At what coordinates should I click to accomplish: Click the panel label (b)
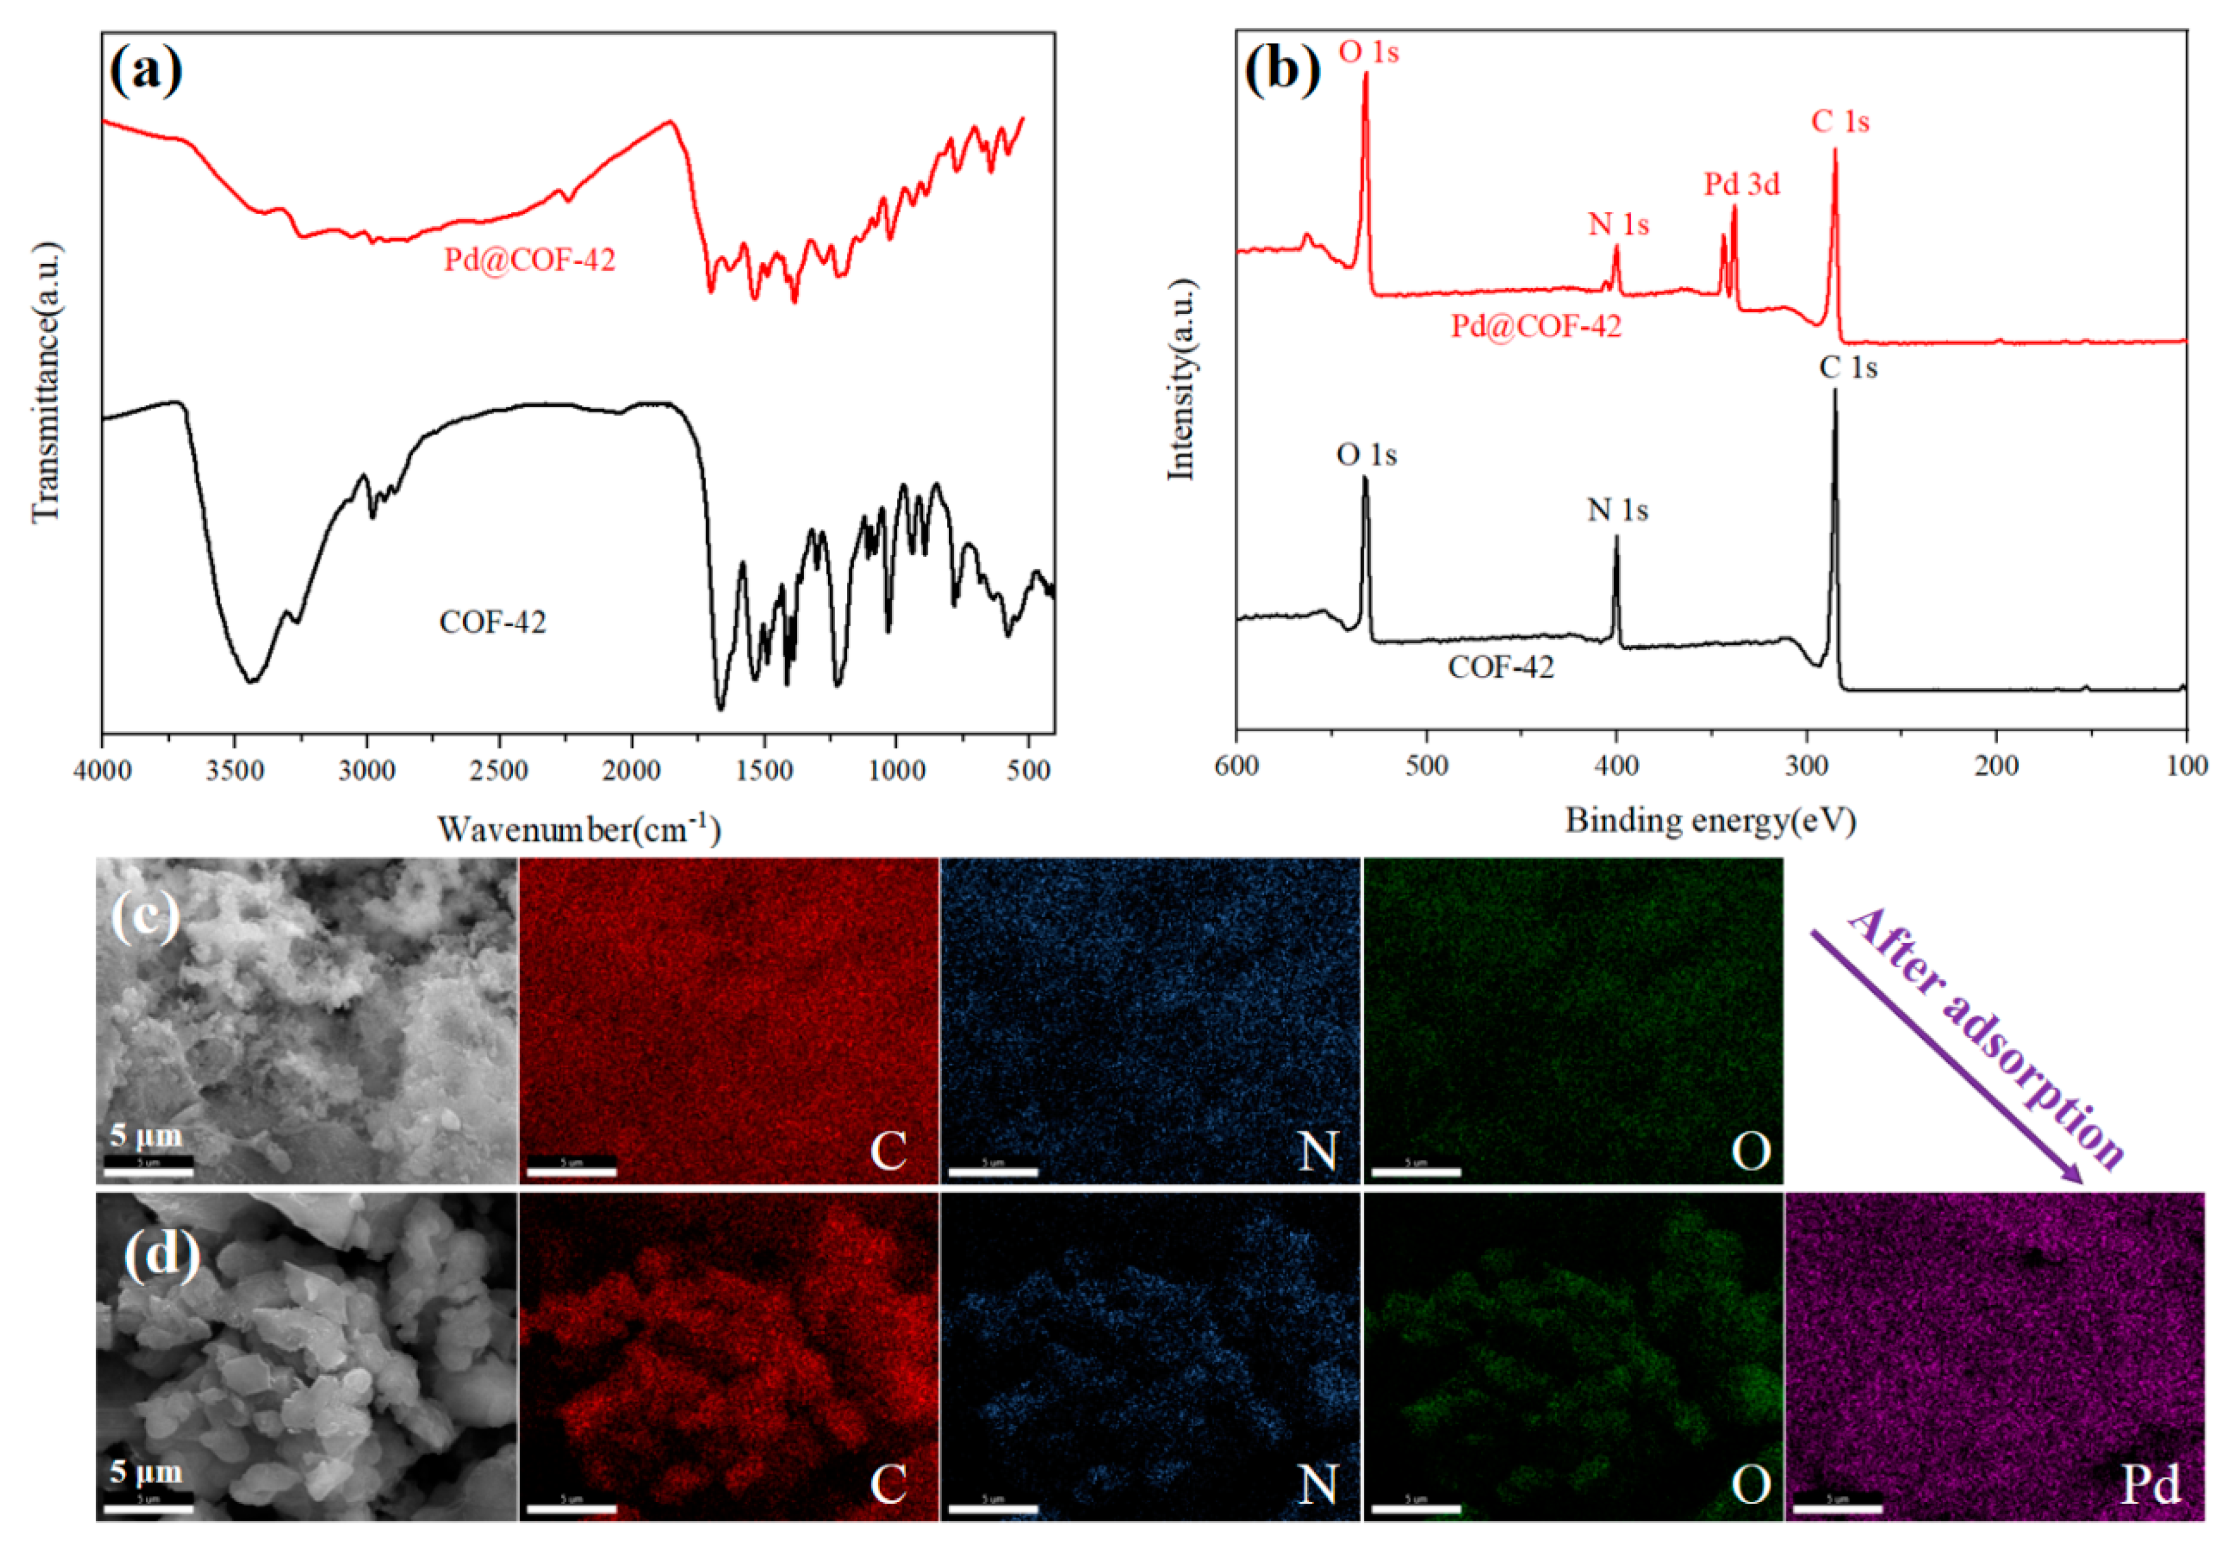(x=1281, y=69)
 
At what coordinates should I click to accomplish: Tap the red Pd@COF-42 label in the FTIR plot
(x=529, y=260)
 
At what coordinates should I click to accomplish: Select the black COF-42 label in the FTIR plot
(x=492, y=622)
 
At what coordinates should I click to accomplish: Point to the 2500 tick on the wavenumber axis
(x=499, y=771)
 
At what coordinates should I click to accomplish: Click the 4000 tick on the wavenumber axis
(x=103, y=771)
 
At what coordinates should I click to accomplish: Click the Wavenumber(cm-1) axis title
(x=579, y=829)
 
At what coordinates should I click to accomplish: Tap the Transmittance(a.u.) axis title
(x=45, y=383)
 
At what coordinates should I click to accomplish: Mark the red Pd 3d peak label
(x=1742, y=184)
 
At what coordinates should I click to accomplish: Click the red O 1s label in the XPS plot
(x=1368, y=51)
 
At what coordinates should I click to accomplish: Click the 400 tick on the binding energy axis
(x=1616, y=766)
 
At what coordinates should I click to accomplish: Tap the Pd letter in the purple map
(x=2150, y=1484)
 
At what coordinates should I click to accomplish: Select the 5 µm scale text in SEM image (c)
(x=145, y=1135)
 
